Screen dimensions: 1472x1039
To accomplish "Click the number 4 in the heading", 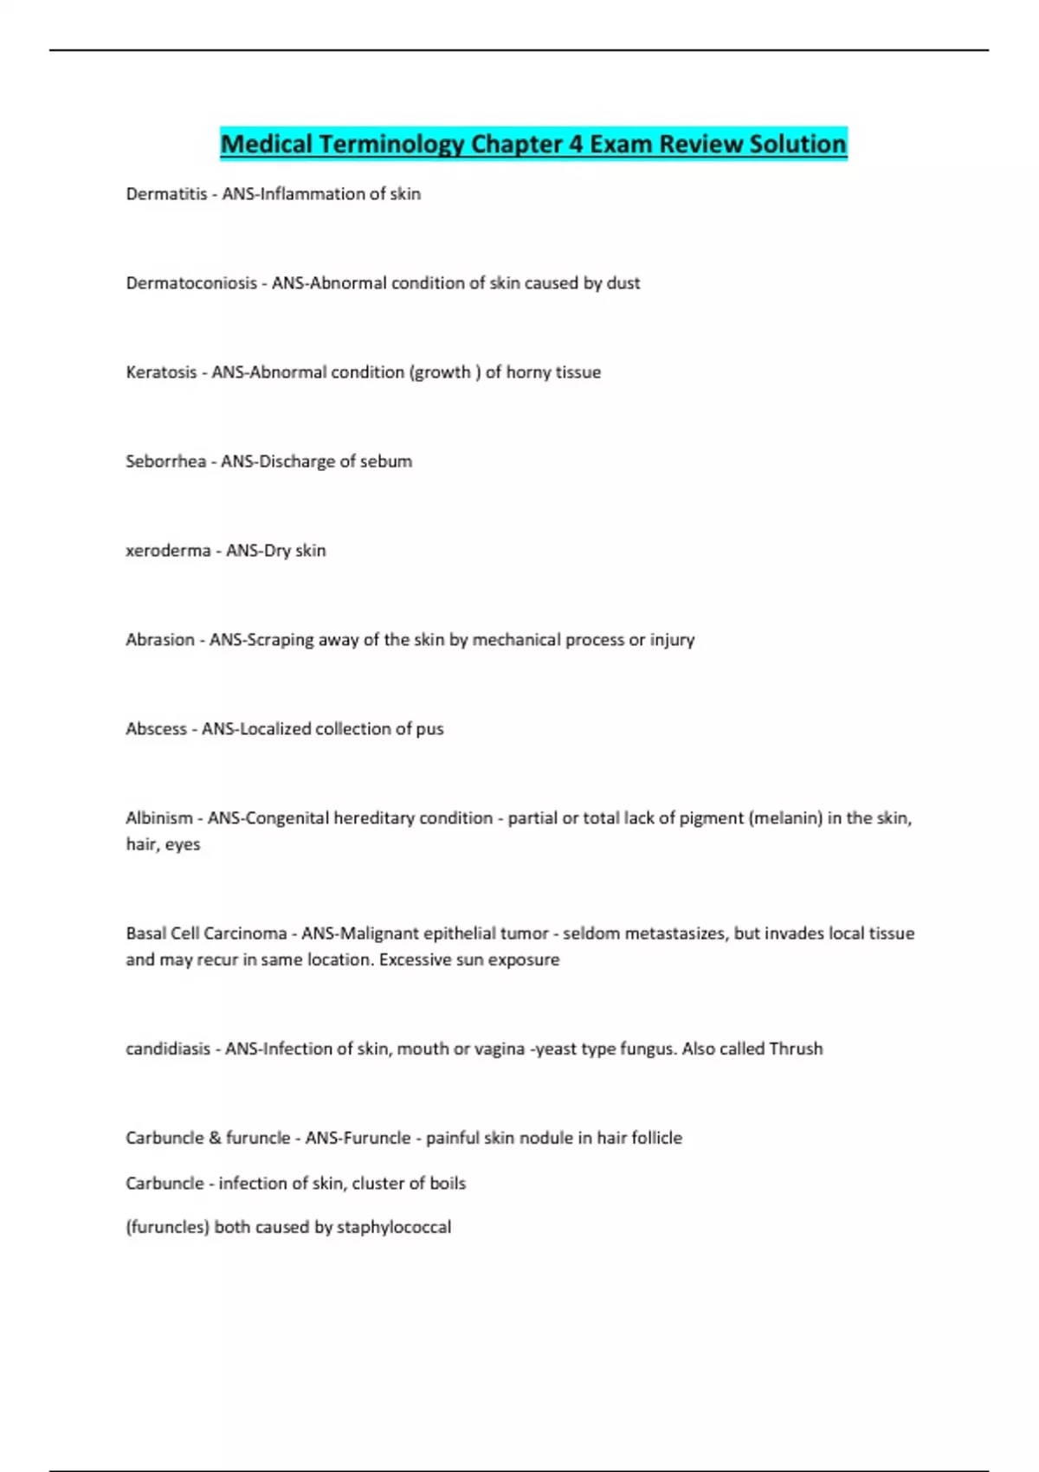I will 576,144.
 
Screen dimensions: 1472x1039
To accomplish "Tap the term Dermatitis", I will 166,194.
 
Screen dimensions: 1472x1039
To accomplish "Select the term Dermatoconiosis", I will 191,283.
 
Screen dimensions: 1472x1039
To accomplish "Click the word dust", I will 623,283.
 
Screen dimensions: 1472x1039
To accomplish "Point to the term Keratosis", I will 161,372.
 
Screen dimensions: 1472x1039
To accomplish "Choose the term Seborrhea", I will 165,462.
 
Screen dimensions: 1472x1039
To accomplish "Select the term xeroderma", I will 168,551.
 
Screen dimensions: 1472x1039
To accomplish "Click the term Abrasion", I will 160,640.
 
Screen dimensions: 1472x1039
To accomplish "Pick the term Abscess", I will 156,729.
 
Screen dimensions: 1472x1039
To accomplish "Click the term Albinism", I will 159,818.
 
